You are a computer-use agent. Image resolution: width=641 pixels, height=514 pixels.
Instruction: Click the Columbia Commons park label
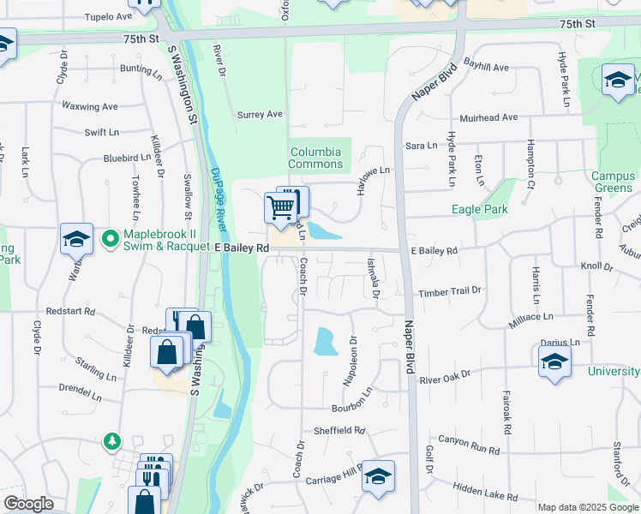315,158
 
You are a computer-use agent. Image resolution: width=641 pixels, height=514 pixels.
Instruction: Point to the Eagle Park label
480,209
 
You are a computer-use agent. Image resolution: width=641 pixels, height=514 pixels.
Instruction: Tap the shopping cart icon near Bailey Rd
280,206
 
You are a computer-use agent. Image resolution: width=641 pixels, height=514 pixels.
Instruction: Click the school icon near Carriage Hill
378,477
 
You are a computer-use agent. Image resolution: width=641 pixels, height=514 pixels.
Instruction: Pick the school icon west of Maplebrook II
76,239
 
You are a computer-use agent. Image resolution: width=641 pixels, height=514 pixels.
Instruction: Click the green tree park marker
111,441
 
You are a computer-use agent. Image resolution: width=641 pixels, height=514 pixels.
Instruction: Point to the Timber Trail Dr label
450,291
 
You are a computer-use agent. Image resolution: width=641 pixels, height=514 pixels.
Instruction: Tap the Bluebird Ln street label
127,158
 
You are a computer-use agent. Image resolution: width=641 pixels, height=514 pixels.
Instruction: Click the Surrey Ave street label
260,114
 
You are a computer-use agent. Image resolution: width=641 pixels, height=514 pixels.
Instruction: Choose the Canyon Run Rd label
469,444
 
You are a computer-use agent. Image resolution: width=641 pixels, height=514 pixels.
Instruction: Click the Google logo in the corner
29,504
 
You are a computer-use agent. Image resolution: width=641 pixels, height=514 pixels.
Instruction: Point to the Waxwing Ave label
89,106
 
